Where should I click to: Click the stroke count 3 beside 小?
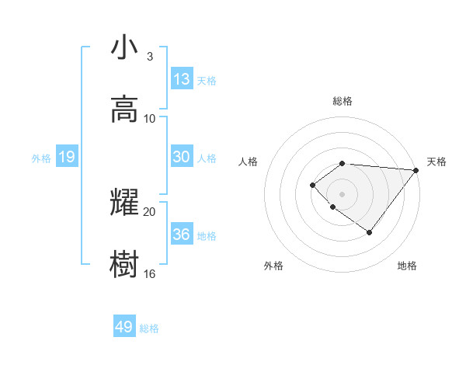pyautogui.click(x=149, y=57)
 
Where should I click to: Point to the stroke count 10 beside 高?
pyautogui.click(x=150, y=119)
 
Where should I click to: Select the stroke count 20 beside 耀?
pyautogui.click(x=150, y=211)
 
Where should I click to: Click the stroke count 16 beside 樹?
pyautogui.click(x=150, y=273)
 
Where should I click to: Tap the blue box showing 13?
pyautogui.click(x=182, y=79)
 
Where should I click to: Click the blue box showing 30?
pyautogui.click(x=182, y=157)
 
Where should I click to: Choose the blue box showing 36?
pyautogui.click(x=182, y=235)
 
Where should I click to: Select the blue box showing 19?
pyautogui.click(x=66, y=158)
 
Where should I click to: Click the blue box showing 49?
pyautogui.click(x=124, y=327)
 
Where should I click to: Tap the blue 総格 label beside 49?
pyautogui.click(x=149, y=328)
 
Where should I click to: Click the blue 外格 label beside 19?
pyautogui.click(x=41, y=158)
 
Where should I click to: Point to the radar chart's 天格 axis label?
pyautogui.click(x=436, y=162)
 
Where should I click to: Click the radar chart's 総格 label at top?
pyautogui.click(x=343, y=101)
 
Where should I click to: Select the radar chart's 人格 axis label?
pyautogui.click(x=249, y=162)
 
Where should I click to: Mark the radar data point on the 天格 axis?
pyautogui.click(x=417, y=170)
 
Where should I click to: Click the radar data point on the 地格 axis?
pyautogui.click(x=370, y=232)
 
